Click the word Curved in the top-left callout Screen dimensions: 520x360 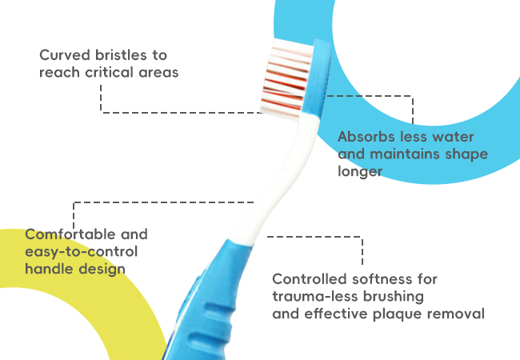pyautogui.click(x=64, y=55)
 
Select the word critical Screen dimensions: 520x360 pyautogui.click(x=109, y=72)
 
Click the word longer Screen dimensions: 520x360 pyautogui.click(x=360, y=172)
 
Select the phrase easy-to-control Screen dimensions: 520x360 pyautogui.click(x=82, y=252)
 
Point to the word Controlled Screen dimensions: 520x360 pyautogui.click(x=309, y=279)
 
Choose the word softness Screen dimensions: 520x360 pyautogui.click(x=382, y=279)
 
